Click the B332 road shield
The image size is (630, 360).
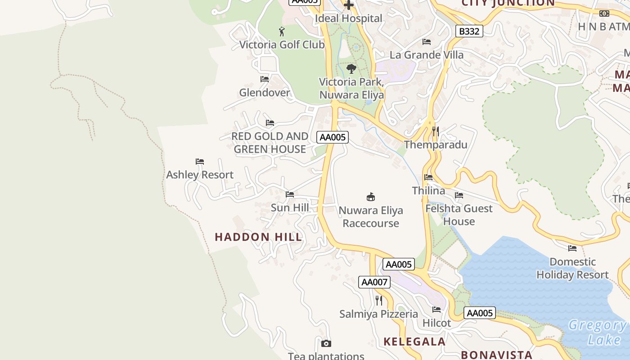469,31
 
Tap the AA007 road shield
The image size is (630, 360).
374,282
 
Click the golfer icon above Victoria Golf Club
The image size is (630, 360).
282,31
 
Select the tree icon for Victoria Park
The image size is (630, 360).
351,69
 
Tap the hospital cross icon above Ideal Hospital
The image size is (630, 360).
349,5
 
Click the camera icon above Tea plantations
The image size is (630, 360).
326,344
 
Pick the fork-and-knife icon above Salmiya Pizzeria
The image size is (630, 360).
379,300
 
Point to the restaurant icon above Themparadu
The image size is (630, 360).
435,131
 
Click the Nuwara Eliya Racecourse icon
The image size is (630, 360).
371,197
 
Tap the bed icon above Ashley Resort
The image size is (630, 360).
200,162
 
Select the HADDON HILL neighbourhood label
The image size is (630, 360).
258,237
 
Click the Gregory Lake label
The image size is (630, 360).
598,332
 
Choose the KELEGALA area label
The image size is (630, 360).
414,342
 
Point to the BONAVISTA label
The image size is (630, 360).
496,355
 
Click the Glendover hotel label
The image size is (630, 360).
265,93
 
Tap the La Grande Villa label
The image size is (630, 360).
427,55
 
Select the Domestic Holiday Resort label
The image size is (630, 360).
572,268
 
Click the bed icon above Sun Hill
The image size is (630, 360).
290,194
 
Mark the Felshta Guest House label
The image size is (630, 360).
459,215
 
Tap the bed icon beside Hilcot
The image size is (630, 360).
436,310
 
